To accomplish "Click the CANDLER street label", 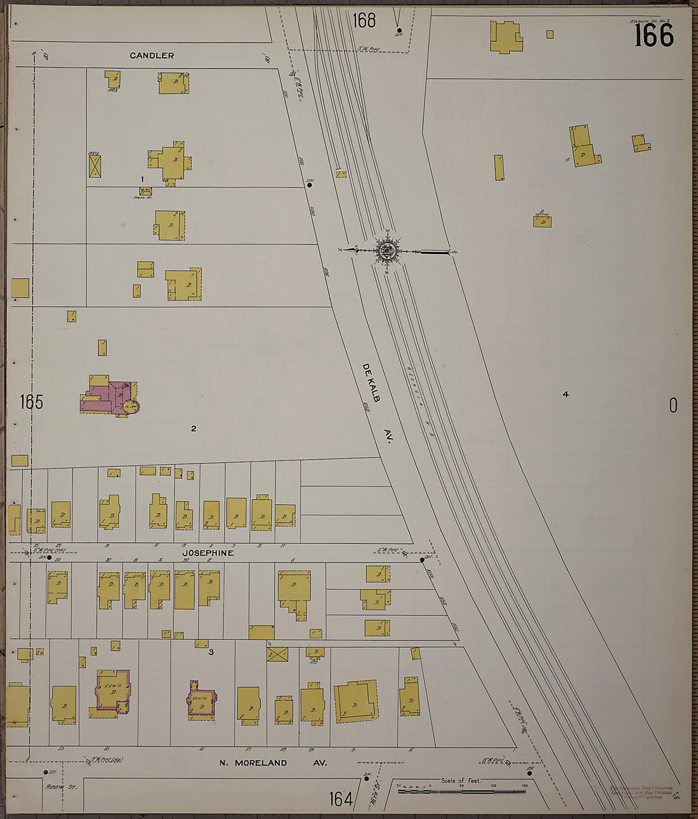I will pyautogui.click(x=152, y=56).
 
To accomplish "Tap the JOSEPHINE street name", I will pyautogui.click(x=208, y=553).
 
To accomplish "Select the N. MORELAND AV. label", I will pyautogui.click(x=273, y=762).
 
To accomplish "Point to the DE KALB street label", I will pyautogui.click(x=371, y=383).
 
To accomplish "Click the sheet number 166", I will pyautogui.click(x=654, y=36).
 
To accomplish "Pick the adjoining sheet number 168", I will pyautogui.click(x=364, y=20).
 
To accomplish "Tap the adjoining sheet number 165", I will pyautogui.click(x=31, y=402).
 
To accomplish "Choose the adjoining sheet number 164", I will pyautogui.click(x=341, y=799).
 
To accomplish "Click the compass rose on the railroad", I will pyautogui.click(x=386, y=251).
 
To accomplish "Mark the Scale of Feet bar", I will pyautogui.click(x=461, y=791).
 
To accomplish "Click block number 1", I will pyautogui.click(x=142, y=180).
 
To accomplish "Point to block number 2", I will pyautogui.click(x=194, y=429).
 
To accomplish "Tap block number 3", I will pyautogui.click(x=211, y=651).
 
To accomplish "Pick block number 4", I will pyautogui.click(x=565, y=394).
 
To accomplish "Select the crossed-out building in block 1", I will pyautogui.click(x=95, y=166).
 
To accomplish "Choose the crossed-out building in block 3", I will pyautogui.click(x=277, y=654).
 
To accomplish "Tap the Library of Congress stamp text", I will pyautogui.click(x=641, y=792).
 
